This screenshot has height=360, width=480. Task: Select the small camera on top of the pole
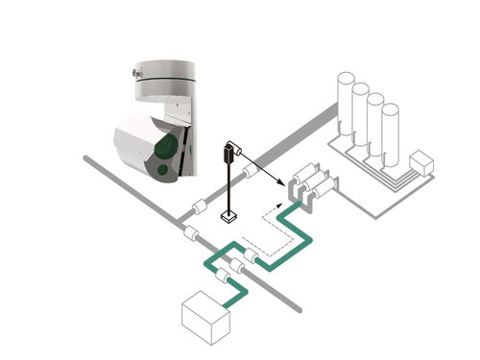click(x=230, y=151)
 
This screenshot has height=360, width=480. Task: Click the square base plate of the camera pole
click(x=229, y=217)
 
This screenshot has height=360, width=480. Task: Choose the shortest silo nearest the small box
click(x=390, y=134)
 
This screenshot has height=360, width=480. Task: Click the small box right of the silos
click(x=421, y=163)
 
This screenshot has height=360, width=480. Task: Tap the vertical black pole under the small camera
click(x=229, y=188)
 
